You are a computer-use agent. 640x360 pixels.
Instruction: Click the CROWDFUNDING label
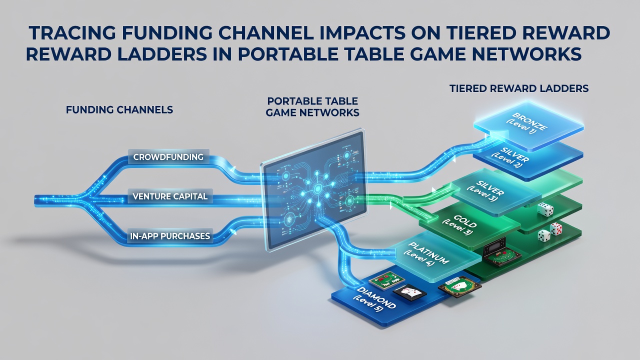(168, 157)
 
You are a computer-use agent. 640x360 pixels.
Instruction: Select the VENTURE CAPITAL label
(170, 196)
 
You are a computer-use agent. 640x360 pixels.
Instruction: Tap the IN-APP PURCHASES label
(170, 236)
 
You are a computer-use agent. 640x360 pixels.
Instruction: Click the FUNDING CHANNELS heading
(119, 109)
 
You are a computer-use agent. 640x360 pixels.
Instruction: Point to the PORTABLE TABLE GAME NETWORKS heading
(312, 107)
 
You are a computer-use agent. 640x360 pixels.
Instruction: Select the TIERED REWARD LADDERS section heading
(519, 88)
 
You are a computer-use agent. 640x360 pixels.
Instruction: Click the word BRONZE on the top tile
(530, 121)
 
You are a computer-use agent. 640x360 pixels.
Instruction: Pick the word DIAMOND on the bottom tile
(376, 297)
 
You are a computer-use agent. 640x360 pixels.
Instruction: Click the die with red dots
(556, 228)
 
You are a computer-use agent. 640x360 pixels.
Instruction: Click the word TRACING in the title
(72, 33)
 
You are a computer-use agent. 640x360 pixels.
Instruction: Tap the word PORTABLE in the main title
(288, 54)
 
